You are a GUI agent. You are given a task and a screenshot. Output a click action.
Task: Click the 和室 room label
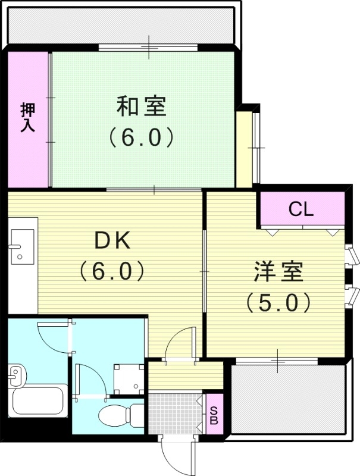tap(141, 107)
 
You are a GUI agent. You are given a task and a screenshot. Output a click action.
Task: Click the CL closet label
tap(301, 209)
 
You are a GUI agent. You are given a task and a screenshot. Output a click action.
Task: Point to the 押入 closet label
tap(28, 117)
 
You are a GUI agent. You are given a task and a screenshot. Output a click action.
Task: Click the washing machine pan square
tap(129, 375)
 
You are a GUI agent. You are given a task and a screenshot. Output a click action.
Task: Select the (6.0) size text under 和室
tap(141, 138)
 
